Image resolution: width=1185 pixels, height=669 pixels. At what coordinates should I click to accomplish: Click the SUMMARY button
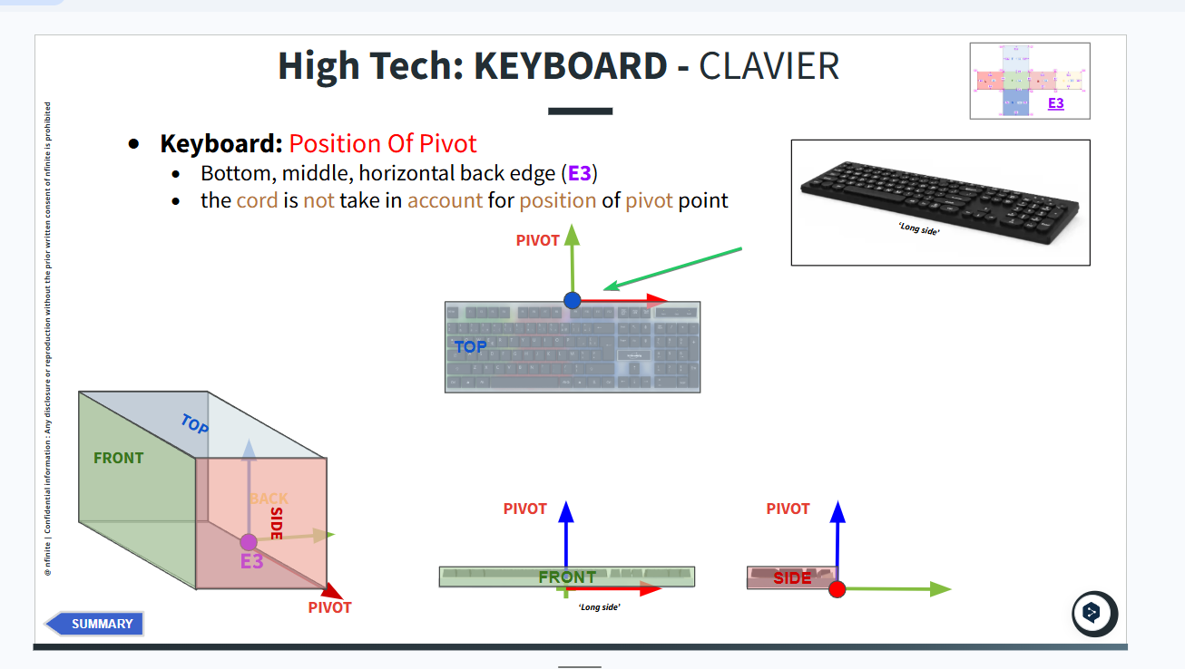click(x=95, y=624)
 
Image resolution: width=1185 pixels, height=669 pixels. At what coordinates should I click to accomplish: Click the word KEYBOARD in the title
click(x=571, y=66)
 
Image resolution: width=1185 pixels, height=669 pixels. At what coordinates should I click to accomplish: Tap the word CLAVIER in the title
click(x=769, y=66)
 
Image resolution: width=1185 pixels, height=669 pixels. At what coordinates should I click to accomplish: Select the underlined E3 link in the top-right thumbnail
click(x=1055, y=103)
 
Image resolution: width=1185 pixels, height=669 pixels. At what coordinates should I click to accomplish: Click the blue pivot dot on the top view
click(x=572, y=300)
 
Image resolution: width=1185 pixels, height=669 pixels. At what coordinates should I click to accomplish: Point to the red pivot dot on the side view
click(x=837, y=589)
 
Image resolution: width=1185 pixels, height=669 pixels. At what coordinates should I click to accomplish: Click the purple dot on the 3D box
click(x=249, y=542)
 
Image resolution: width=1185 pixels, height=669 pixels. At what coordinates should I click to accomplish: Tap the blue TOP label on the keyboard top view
click(x=470, y=346)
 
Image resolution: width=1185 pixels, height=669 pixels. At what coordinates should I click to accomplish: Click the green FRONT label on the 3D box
click(x=119, y=458)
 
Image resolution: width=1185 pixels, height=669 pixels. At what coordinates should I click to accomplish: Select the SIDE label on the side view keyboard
click(x=792, y=577)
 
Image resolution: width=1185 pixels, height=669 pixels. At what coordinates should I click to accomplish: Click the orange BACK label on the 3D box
click(x=269, y=498)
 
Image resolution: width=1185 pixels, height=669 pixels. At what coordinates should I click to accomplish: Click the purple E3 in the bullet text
click(x=580, y=172)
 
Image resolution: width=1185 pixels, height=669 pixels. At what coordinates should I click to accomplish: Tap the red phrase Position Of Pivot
click(x=383, y=143)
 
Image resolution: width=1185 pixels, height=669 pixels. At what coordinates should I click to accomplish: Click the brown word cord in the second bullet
click(x=257, y=200)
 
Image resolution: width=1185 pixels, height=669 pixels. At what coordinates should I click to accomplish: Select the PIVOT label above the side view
click(x=788, y=509)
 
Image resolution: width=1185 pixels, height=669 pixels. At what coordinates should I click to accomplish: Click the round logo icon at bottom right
click(x=1093, y=614)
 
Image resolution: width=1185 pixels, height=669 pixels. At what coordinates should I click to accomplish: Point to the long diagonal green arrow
click(x=673, y=268)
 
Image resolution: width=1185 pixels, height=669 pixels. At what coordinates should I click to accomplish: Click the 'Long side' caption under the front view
click(x=599, y=606)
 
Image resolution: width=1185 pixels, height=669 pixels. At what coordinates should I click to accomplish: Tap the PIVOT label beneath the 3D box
click(x=329, y=607)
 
